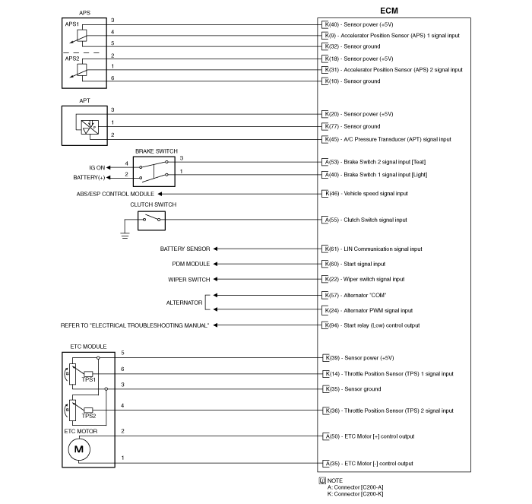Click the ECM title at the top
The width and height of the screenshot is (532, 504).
click(x=388, y=11)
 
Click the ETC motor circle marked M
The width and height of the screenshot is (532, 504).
click(x=80, y=450)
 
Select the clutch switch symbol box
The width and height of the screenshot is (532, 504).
click(x=152, y=220)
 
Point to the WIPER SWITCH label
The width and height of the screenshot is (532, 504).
click(x=189, y=279)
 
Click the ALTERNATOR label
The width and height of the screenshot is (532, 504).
click(x=184, y=303)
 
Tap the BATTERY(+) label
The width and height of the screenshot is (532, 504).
click(x=89, y=177)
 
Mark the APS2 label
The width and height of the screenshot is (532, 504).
click(x=72, y=58)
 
